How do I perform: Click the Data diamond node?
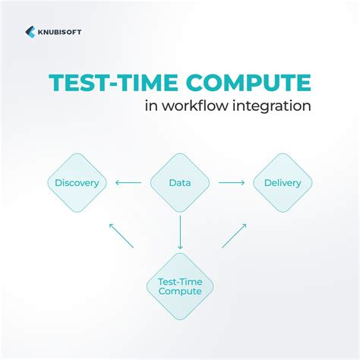tap(180, 182)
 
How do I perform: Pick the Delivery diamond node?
tap(282, 182)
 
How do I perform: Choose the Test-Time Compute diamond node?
tap(180, 286)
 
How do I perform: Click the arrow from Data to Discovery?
tap(128, 182)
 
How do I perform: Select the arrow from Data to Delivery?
tap(231, 182)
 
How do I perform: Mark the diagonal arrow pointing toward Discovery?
tap(122, 235)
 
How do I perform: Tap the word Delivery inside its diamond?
tap(282, 182)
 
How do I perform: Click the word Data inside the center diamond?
tap(180, 182)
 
